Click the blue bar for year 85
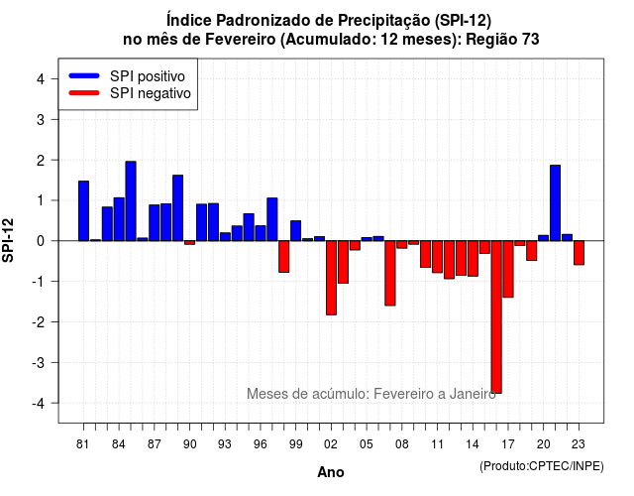[x=131, y=200]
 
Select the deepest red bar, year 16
[x=496, y=317]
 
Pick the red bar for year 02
[x=331, y=278]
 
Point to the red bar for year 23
[x=579, y=253]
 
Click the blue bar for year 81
[x=83, y=211]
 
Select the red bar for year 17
[x=508, y=269]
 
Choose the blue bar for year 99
[x=295, y=231]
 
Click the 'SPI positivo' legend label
[x=148, y=76]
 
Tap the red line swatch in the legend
[x=84, y=93]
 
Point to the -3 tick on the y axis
[x=55, y=362]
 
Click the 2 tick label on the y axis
[x=40, y=161]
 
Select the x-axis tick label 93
[x=225, y=444]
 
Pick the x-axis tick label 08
[x=402, y=444]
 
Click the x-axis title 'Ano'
[x=331, y=472]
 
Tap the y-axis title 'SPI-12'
[x=8, y=240]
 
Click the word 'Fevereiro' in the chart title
[x=240, y=40]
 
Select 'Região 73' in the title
[x=502, y=40]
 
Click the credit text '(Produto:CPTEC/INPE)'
[x=542, y=466]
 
